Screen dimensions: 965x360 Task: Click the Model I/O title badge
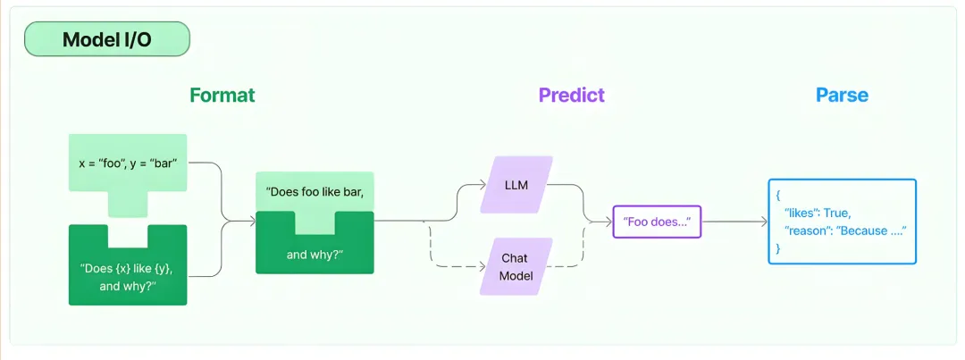(x=106, y=39)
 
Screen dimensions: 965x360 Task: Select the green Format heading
(x=222, y=96)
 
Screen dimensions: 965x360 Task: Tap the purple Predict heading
(x=572, y=96)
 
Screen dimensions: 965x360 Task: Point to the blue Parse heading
(x=842, y=96)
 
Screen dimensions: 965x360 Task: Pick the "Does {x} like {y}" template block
(x=128, y=265)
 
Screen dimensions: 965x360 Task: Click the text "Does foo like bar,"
(x=315, y=191)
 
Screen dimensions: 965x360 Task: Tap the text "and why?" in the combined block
(x=315, y=254)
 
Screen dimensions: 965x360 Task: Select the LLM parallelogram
(x=516, y=185)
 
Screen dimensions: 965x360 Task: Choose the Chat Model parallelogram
(x=516, y=266)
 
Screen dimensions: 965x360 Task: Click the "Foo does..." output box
(x=658, y=222)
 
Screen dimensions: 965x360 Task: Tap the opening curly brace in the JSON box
(x=778, y=195)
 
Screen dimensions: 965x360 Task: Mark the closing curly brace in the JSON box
(x=778, y=247)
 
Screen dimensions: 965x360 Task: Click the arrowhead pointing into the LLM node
(x=483, y=183)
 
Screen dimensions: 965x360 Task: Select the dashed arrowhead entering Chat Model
(x=483, y=267)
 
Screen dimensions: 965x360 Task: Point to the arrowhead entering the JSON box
(x=764, y=222)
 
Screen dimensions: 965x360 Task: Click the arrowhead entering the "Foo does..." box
(x=609, y=222)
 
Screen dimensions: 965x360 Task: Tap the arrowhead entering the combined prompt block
(x=252, y=221)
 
